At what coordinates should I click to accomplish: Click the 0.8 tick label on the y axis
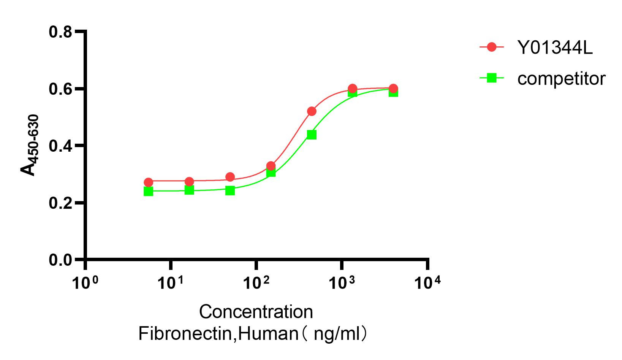[x=60, y=32]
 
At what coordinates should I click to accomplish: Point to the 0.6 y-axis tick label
[x=60, y=89]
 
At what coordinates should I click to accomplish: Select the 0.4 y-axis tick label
[x=60, y=146]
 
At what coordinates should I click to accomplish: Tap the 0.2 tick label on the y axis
[x=60, y=203]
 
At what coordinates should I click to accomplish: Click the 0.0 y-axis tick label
[x=60, y=260]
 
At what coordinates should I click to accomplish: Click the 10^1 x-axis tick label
[x=171, y=282]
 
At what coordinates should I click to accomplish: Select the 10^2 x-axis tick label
[x=256, y=282]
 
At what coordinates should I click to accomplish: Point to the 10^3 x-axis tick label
[x=342, y=282]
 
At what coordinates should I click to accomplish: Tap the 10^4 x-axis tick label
[x=427, y=282]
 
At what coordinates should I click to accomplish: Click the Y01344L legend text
[x=555, y=48]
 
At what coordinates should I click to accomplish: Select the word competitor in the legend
[x=561, y=79]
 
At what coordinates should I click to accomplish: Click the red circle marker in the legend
[x=492, y=47]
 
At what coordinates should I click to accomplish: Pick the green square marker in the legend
[x=492, y=78]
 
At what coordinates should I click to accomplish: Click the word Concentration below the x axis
[x=256, y=312]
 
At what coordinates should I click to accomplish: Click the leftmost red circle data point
[x=149, y=182]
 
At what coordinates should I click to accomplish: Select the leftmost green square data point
[x=149, y=191]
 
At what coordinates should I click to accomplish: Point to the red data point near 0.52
[x=312, y=111]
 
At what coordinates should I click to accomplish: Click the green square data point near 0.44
[x=312, y=135]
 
